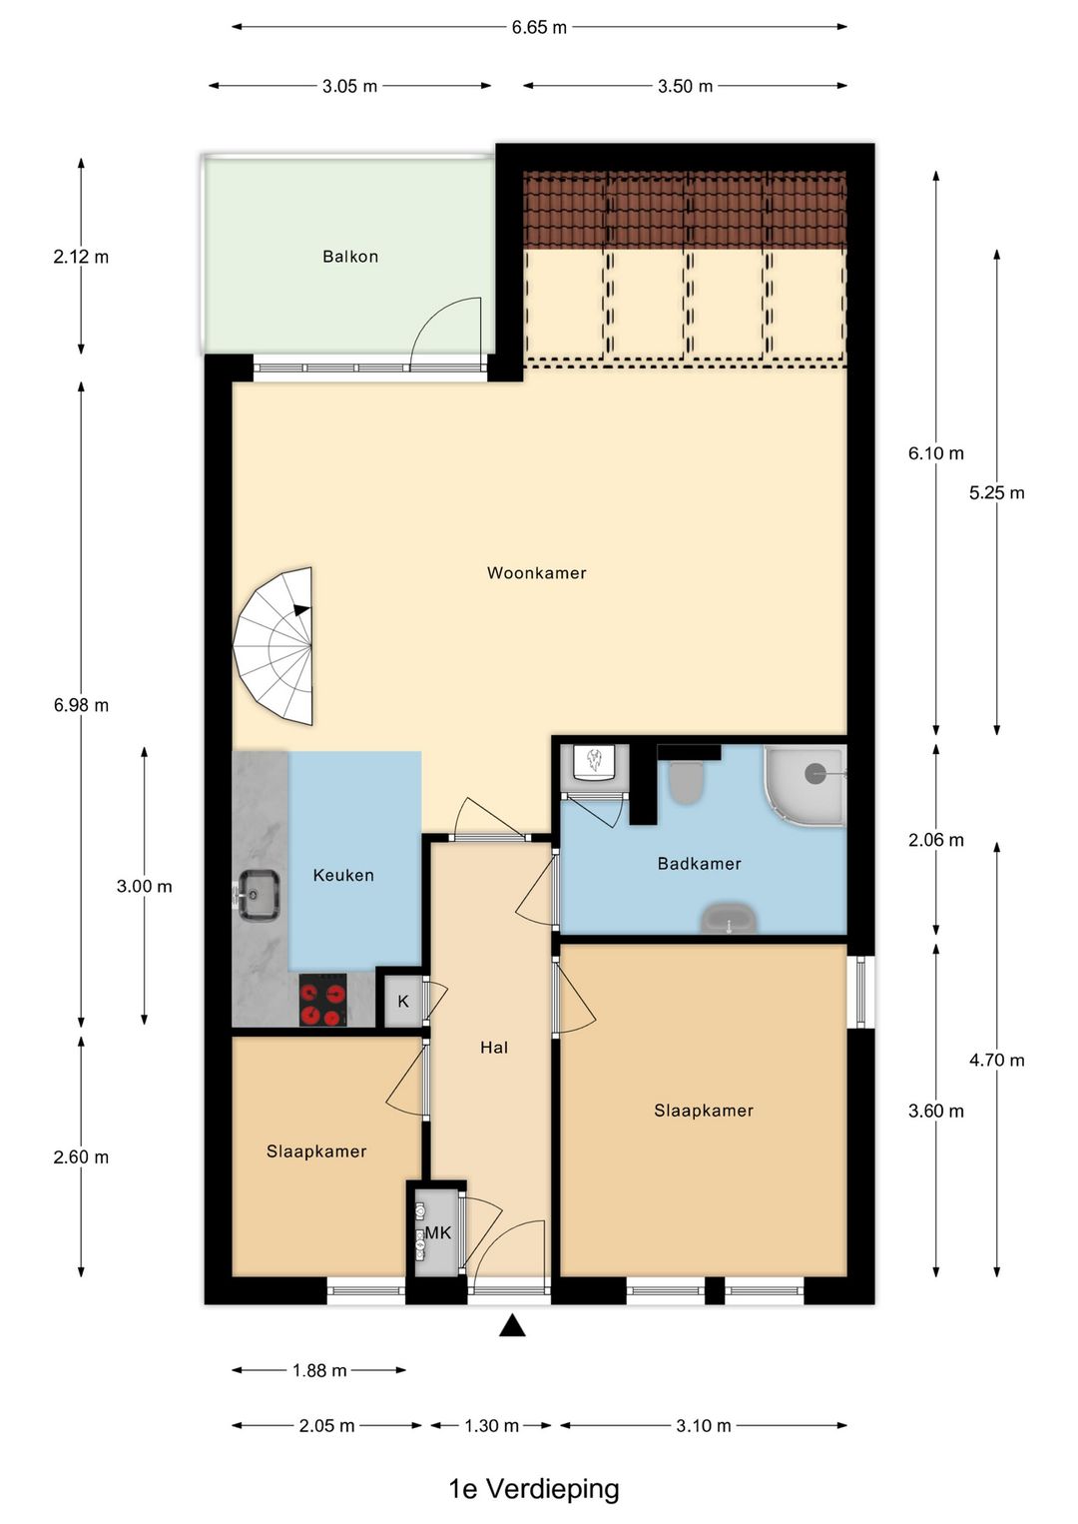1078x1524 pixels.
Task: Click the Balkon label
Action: point(350,257)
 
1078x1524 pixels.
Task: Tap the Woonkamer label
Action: point(536,573)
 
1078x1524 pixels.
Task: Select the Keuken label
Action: point(343,875)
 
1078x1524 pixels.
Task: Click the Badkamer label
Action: point(699,864)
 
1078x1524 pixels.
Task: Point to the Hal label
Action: point(494,1048)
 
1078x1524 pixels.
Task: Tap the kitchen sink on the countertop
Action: point(259,892)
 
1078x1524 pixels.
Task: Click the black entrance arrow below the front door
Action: point(512,1325)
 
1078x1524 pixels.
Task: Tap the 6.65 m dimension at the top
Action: point(539,27)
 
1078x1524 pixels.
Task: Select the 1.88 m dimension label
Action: point(319,1370)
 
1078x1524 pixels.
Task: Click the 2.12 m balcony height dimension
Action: point(81,257)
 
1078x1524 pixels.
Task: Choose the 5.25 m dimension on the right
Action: point(996,493)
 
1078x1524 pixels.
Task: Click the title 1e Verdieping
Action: point(534,1489)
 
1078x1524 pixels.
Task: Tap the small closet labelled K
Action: point(403,1001)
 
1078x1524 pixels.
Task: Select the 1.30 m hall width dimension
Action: point(491,1426)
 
